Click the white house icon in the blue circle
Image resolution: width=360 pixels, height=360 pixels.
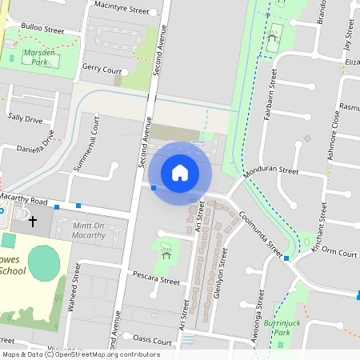pos(180,172)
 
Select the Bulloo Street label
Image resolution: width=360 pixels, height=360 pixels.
pos(43,28)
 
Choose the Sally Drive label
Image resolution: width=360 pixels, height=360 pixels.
pos(25,118)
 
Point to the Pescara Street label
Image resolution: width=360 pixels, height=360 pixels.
pos(157,281)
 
